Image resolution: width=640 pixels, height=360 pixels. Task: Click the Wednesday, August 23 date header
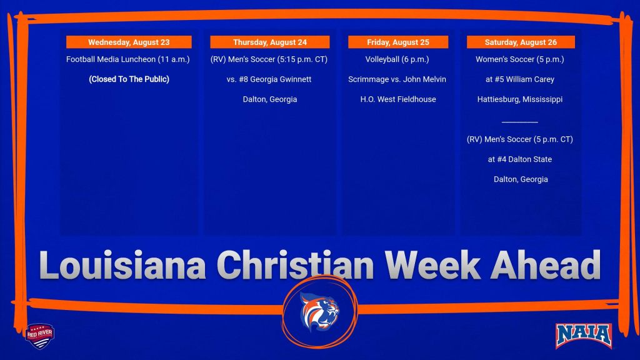coord(129,42)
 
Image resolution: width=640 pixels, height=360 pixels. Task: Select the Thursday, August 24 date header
coord(270,42)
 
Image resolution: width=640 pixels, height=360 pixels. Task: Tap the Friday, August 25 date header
coord(398,42)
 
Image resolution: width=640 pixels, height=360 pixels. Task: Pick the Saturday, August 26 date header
coord(521,42)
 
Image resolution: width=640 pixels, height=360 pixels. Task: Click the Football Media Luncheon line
coord(127,59)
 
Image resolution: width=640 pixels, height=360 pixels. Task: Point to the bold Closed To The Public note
coord(129,79)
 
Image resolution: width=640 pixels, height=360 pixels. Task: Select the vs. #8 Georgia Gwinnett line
coord(269,79)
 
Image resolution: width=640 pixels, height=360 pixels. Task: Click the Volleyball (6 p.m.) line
coord(397,59)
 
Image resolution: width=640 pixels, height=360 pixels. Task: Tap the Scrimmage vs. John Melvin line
coord(397,79)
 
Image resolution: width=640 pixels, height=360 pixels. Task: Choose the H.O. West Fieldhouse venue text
coord(398,99)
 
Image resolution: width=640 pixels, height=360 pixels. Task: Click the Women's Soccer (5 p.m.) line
coord(520,59)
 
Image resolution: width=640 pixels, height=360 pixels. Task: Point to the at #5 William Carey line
coord(520,79)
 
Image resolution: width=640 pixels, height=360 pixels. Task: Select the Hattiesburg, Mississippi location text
coord(520,99)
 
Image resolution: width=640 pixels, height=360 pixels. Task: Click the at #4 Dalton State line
coord(520,159)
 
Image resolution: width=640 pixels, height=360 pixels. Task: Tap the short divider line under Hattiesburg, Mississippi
coord(519,122)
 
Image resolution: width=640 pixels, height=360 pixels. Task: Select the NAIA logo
coord(583,336)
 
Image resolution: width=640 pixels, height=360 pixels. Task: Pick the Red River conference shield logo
coord(39,336)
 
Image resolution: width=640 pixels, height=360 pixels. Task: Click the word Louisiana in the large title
coord(122,265)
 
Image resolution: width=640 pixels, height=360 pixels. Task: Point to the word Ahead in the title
coord(545,265)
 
